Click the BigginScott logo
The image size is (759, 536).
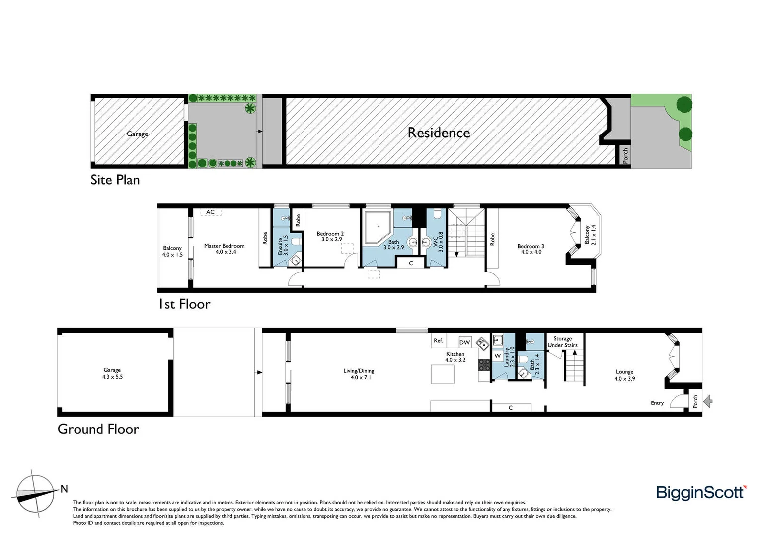(x=701, y=492)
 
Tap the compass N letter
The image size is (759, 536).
(x=64, y=489)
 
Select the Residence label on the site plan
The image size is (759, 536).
(x=439, y=133)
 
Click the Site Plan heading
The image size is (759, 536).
(x=115, y=180)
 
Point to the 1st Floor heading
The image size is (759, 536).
(x=184, y=304)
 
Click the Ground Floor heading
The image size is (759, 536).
(x=98, y=429)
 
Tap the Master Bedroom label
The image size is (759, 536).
(x=224, y=249)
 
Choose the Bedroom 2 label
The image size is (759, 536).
(x=330, y=236)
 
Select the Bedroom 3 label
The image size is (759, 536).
(x=531, y=249)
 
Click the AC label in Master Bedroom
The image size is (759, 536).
(x=210, y=212)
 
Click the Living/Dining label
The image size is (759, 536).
(x=359, y=374)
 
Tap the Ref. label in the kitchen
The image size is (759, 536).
(x=438, y=340)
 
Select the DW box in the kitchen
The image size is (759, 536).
(x=464, y=342)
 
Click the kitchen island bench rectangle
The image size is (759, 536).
(x=442, y=374)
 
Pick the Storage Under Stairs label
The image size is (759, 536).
(x=562, y=342)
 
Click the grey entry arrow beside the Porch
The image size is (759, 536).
(x=708, y=401)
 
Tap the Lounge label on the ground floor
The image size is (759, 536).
(x=624, y=375)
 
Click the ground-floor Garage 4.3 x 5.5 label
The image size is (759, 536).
(x=112, y=373)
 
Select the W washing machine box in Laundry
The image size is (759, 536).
(x=497, y=356)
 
